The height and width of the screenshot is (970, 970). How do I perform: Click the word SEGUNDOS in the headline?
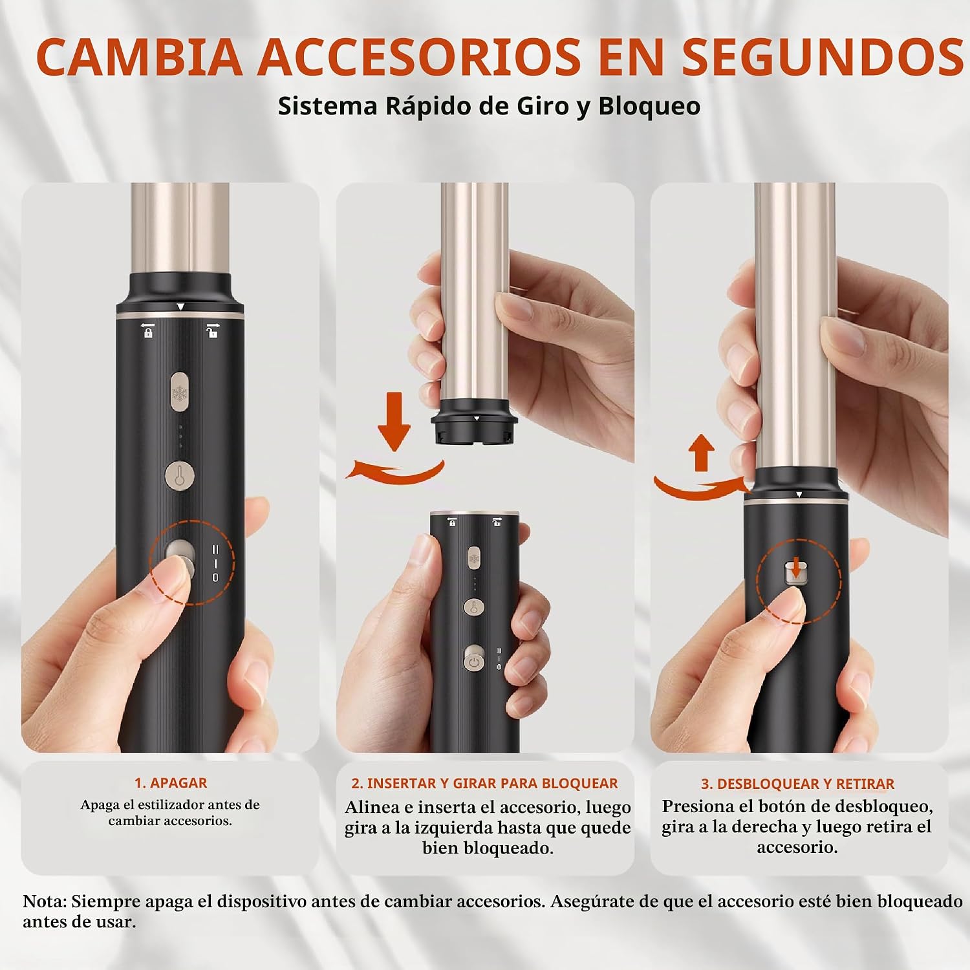tap(823, 56)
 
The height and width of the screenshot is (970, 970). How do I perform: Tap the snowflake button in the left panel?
tap(180, 392)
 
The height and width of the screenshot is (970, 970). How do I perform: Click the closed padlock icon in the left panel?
tap(148, 330)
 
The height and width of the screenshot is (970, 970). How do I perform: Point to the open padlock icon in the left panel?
tap(212, 330)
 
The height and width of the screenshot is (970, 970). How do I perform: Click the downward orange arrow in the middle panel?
tap(394, 421)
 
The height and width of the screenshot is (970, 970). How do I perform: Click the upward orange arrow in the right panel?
tap(701, 453)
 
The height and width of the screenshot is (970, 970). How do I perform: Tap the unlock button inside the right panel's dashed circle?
tap(796, 574)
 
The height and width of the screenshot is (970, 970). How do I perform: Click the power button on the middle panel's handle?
tap(474, 662)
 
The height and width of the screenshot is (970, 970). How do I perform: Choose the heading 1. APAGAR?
tap(171, 782)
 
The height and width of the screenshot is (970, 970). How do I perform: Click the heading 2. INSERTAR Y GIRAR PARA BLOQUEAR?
tap(484, 783)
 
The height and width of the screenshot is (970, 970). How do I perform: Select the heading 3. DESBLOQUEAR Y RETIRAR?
tap(797, 784)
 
